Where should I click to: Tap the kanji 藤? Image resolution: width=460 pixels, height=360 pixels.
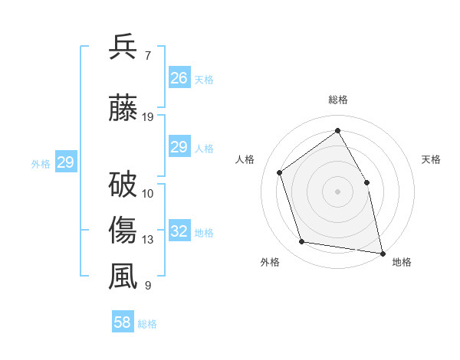(x=123, y=107)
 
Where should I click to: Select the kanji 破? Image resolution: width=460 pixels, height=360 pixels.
(x=123, y=185)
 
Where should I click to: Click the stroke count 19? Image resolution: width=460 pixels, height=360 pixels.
(x=148, y=117)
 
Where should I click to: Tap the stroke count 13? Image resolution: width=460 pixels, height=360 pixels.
(x=148, y=240)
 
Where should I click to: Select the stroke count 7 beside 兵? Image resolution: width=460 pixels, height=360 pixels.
(x=147, y=56)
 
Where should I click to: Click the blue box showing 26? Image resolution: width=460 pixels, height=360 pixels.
(x=179, y=78)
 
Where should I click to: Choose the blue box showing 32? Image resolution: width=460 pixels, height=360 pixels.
(x=179, y=231)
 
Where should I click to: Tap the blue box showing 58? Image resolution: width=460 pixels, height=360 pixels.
(x=122, y=322)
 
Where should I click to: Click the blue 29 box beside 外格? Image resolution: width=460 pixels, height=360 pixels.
(x=65, y=162)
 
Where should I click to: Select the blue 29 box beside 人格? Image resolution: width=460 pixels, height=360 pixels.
(x=179, y=147)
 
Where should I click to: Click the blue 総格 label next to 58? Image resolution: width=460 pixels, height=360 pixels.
(x=147, y=324)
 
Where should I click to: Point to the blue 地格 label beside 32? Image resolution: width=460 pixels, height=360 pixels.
(x=204, y=233)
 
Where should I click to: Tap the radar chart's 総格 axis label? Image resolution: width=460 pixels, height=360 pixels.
(x=337, y=100)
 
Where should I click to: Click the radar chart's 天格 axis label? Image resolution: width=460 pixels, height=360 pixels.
(x=431, y=159)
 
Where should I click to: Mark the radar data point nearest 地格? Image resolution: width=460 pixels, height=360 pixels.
(x=383, y=253)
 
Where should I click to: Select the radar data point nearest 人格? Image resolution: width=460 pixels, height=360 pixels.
(x=280, y=172)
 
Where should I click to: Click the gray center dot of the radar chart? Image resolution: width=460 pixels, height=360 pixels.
(x=337, y=191)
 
